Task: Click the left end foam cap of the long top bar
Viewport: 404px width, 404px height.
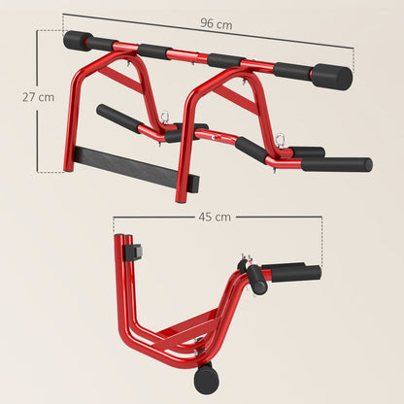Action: tap(76, 41)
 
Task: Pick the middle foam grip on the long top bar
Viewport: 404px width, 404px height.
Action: tap(225, 60)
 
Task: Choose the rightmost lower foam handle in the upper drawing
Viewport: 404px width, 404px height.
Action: tap(335, 164)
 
